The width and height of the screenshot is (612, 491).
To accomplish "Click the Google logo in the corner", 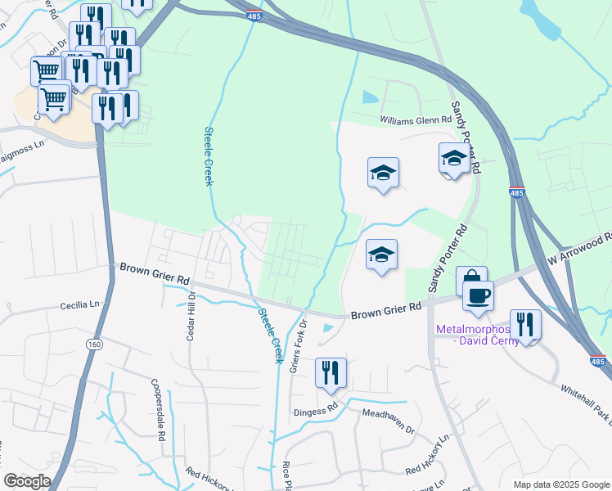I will (27, 481).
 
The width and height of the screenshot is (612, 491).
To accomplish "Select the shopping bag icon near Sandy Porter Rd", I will (471, 281).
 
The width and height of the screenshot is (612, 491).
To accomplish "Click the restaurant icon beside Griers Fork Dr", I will (331, 373).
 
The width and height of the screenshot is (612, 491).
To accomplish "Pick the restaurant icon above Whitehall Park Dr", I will (525, 325).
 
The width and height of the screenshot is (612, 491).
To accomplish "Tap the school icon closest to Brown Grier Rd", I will (381, 255).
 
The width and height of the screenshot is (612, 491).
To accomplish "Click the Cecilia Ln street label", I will (79, 305).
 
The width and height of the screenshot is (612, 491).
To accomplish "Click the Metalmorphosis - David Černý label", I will (476, 336).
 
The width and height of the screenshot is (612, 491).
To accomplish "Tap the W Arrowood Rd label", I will (580, 247).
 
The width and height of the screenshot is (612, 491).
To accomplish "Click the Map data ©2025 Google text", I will (560, 484).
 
